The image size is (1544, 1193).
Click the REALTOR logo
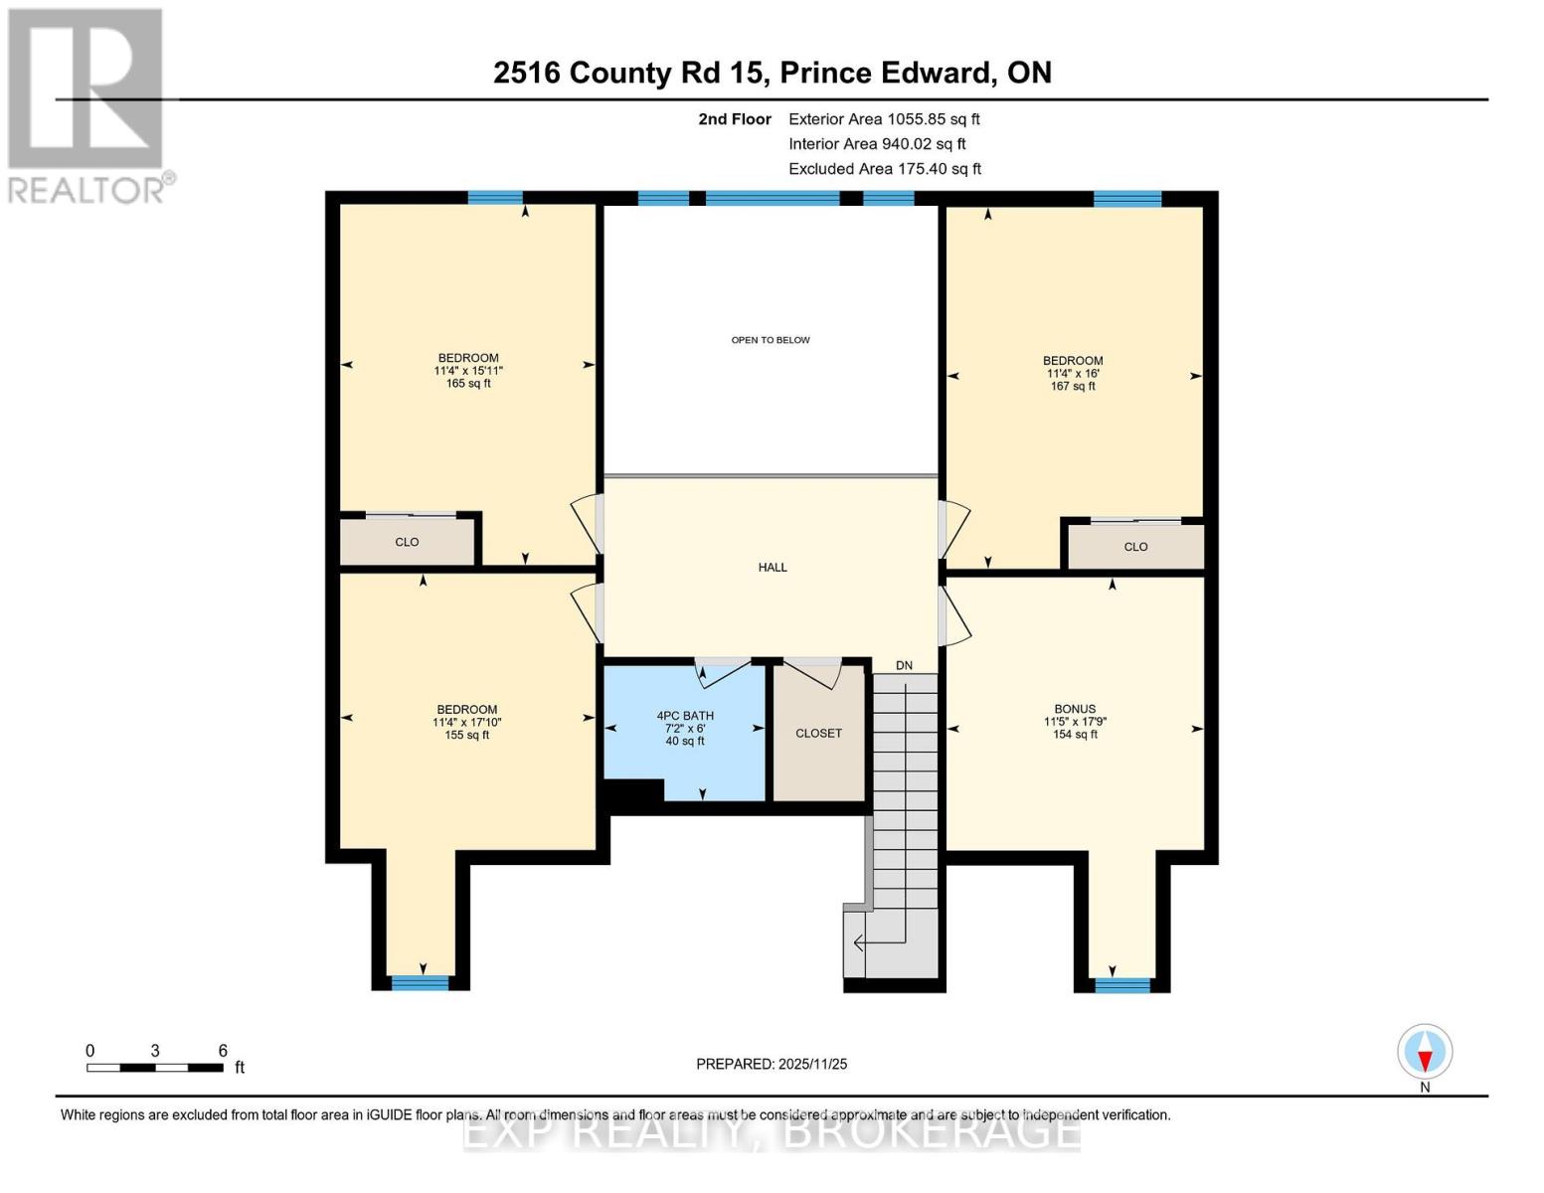click(87, 105)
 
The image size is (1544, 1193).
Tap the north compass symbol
click(1425, 1052)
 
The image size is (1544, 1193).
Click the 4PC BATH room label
click(685, 716)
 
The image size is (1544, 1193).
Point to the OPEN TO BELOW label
click(771, 340)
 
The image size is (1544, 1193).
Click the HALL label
click(772, 568)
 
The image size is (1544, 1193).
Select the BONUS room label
click(1075, 709)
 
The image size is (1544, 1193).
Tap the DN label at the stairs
click(904, 666)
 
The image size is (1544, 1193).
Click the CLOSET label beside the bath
click(818, 734)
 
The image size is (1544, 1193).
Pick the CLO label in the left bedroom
click(407, 543)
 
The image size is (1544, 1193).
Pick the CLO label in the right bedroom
click(1135, 547)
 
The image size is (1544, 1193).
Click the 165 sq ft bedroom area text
click(468, 384)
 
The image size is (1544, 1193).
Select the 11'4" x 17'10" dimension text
click(466, 723)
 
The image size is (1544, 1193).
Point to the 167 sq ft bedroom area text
click(1073, 387)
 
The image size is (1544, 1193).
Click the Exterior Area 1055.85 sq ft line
click(884, 119)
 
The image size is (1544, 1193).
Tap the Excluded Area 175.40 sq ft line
click(885, 169)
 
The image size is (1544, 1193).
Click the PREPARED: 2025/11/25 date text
click(772, 1064)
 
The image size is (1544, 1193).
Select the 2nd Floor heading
click(735, 119)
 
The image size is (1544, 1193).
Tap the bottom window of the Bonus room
click(1122, 985)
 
